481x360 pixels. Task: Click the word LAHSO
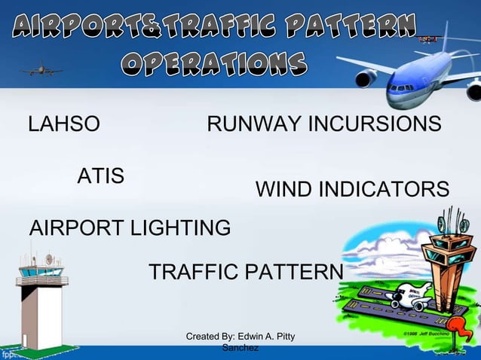pyautogui.click(x=63, y=124)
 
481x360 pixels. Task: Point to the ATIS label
pyautogui.click(x=101, y=177)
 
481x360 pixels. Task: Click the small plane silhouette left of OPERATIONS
pyautogui.click(x=41, y=70)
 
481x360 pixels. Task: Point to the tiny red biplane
pyautogui.click(x=427, y=38)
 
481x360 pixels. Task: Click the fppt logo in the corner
pyautogui.click(x=11, y=353)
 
